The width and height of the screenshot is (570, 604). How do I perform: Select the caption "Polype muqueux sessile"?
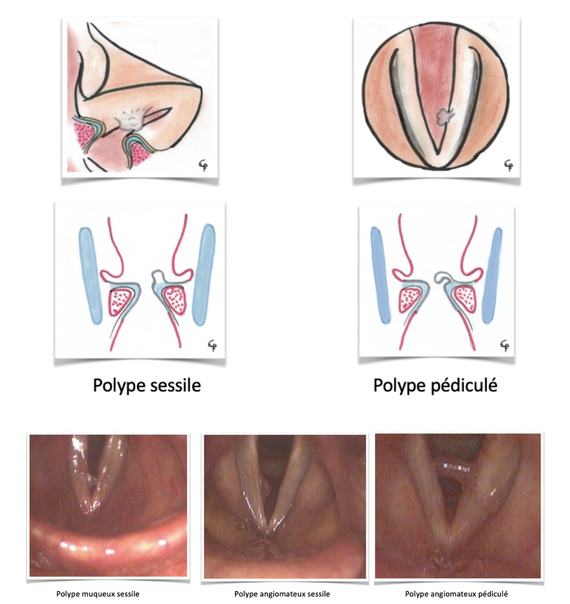(x=98, y=594)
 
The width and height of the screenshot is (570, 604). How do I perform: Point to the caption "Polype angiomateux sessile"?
(x=282, y=594)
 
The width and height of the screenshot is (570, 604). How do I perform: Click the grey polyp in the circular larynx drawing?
(x=444, y=116)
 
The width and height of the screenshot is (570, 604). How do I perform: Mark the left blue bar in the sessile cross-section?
(x=91, y=273)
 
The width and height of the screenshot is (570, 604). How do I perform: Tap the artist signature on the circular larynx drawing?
(x=508, y=163)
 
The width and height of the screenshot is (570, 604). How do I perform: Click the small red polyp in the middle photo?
(x=267, y=490)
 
